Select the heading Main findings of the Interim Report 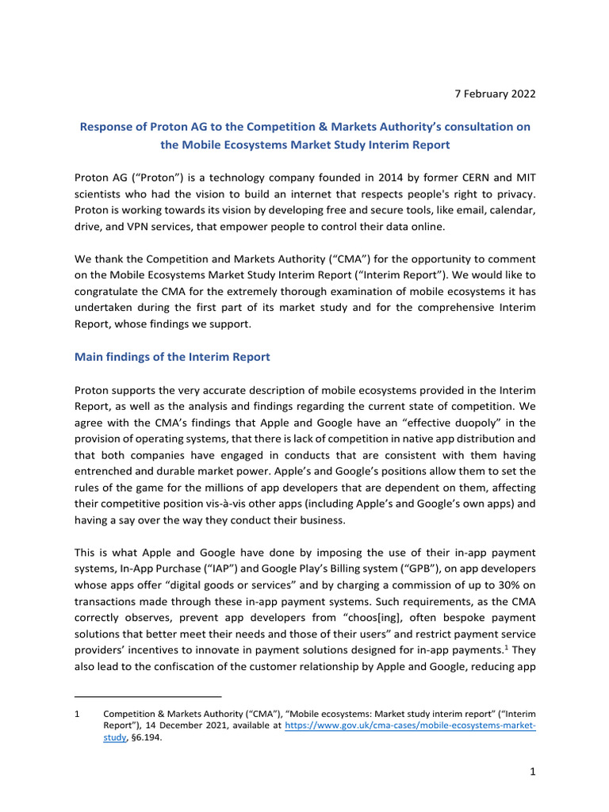172,357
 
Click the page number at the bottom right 531,773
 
